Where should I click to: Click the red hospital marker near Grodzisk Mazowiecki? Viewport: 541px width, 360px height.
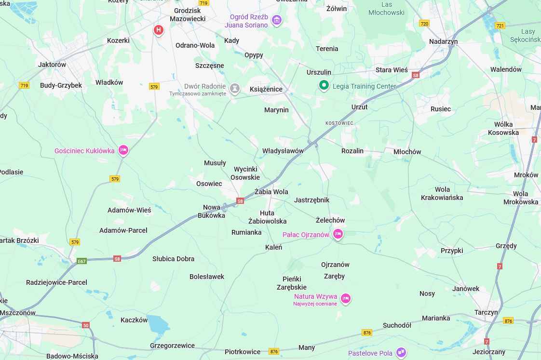point(158,30)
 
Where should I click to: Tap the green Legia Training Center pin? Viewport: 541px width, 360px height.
point(324,85)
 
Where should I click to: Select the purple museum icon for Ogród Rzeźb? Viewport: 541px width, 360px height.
point(276,20)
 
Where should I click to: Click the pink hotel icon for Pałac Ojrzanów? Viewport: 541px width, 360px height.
point(338,234)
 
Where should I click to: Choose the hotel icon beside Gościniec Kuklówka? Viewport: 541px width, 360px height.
point(123,150)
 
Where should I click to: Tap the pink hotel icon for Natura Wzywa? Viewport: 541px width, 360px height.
point(345,298)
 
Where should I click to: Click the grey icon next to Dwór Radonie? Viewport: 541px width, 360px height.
point(235,89)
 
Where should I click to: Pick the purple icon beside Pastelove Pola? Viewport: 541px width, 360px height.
point(401,353)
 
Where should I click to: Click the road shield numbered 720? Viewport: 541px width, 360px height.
point(424,23)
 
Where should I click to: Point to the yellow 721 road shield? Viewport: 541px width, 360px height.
point(500,26)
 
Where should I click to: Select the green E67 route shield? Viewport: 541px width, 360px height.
point(82,261)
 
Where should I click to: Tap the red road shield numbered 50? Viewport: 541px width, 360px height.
point(86,325)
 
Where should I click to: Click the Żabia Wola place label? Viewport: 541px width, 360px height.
point(271,192)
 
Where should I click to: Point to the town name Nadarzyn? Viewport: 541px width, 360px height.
point(443,41)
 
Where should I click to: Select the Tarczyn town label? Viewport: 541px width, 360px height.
point(486,312)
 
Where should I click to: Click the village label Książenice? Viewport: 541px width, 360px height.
point(266,89)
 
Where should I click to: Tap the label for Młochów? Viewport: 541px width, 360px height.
point(407,152)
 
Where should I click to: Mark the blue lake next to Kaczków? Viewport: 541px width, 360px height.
point(158,325)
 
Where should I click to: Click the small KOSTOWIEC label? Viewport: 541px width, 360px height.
point(339,123)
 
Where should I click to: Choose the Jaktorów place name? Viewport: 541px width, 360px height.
point(52,65)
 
